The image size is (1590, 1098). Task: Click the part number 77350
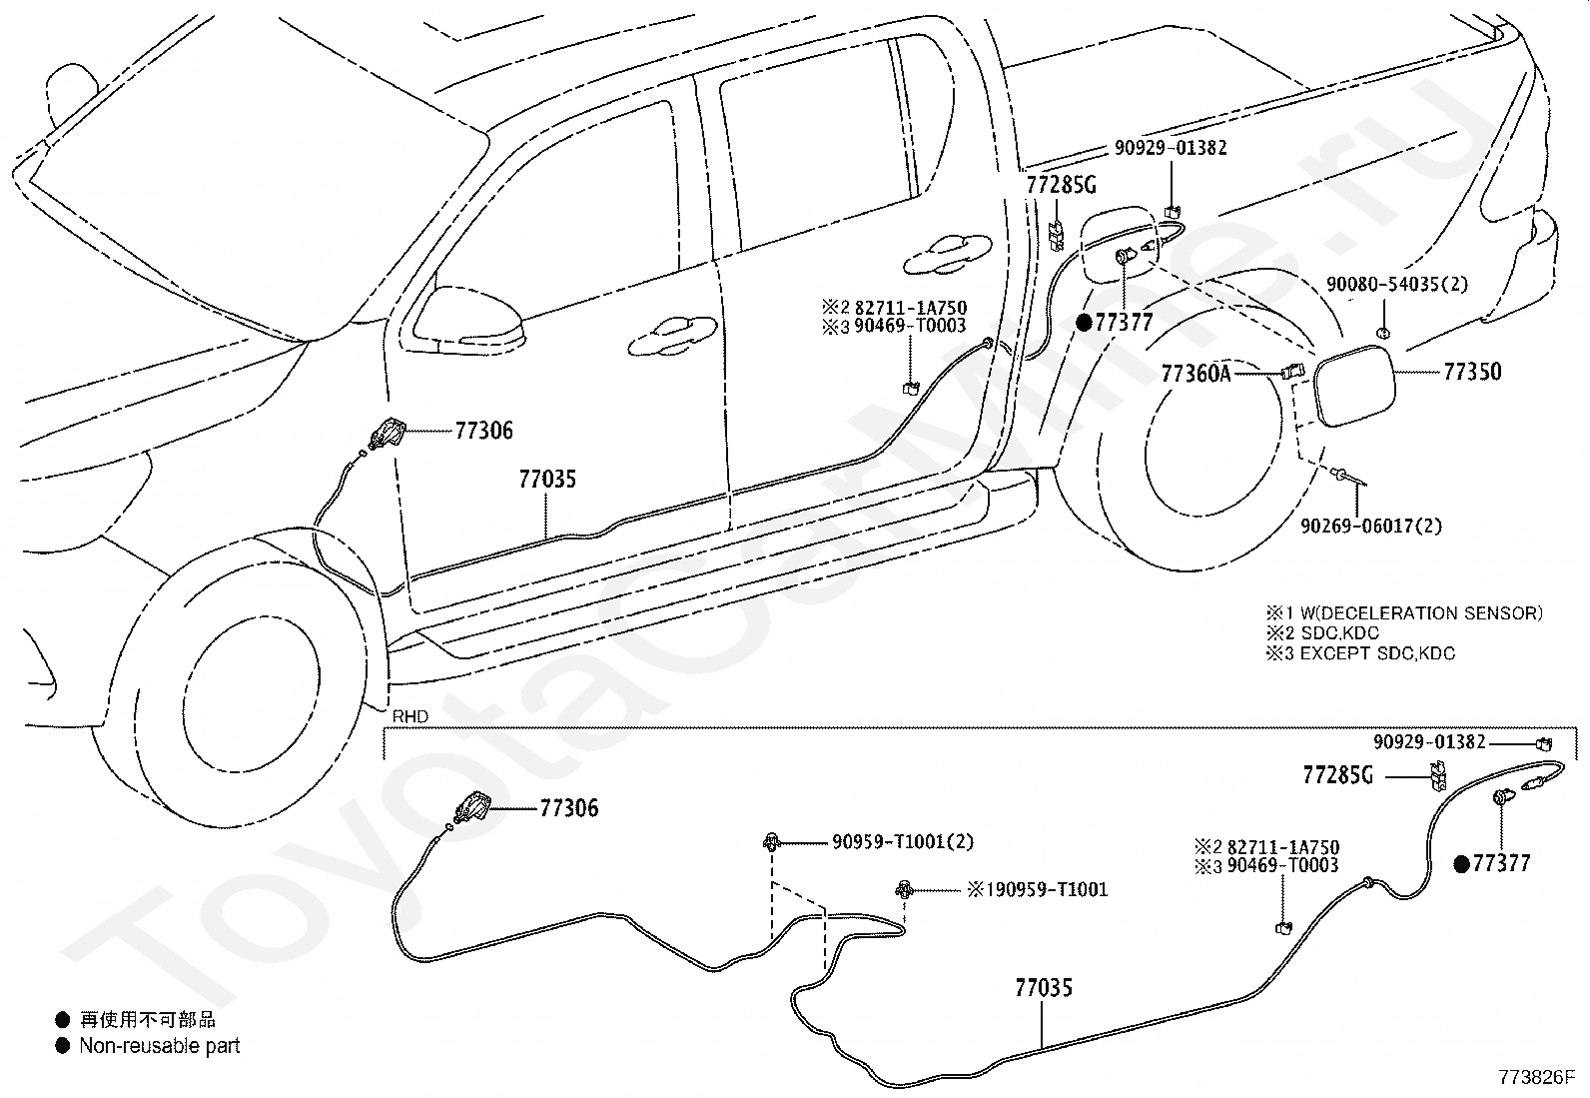(x=1472, y=372)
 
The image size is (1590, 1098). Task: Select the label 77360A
(x=1196, y=373)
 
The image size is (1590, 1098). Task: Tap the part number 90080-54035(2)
(x=1397, y=284)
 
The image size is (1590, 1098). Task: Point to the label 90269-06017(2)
(x=1371, y=527)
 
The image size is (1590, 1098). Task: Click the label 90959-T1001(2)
(x=903, y=841)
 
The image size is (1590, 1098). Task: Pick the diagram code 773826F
(x=1537, y=1077)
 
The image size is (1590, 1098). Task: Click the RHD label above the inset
(x=410, y=716)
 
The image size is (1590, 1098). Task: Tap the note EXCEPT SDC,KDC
(x=1377, y=652)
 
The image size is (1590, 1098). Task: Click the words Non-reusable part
(x=160, y=1045)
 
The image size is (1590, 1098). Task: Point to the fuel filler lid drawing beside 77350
(x=1355, y=386)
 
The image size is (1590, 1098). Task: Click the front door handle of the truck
(x=672, y=336)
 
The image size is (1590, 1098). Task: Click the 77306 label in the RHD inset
(x=568, y=808)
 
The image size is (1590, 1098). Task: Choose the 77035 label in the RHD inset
(x=1044, y=987)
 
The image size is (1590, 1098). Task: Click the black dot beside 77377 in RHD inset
(x=1461, y=864)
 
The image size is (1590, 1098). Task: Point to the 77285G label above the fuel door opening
(x=1062, y=185)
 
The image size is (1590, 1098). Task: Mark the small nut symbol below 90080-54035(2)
(x=1382, y=333)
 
